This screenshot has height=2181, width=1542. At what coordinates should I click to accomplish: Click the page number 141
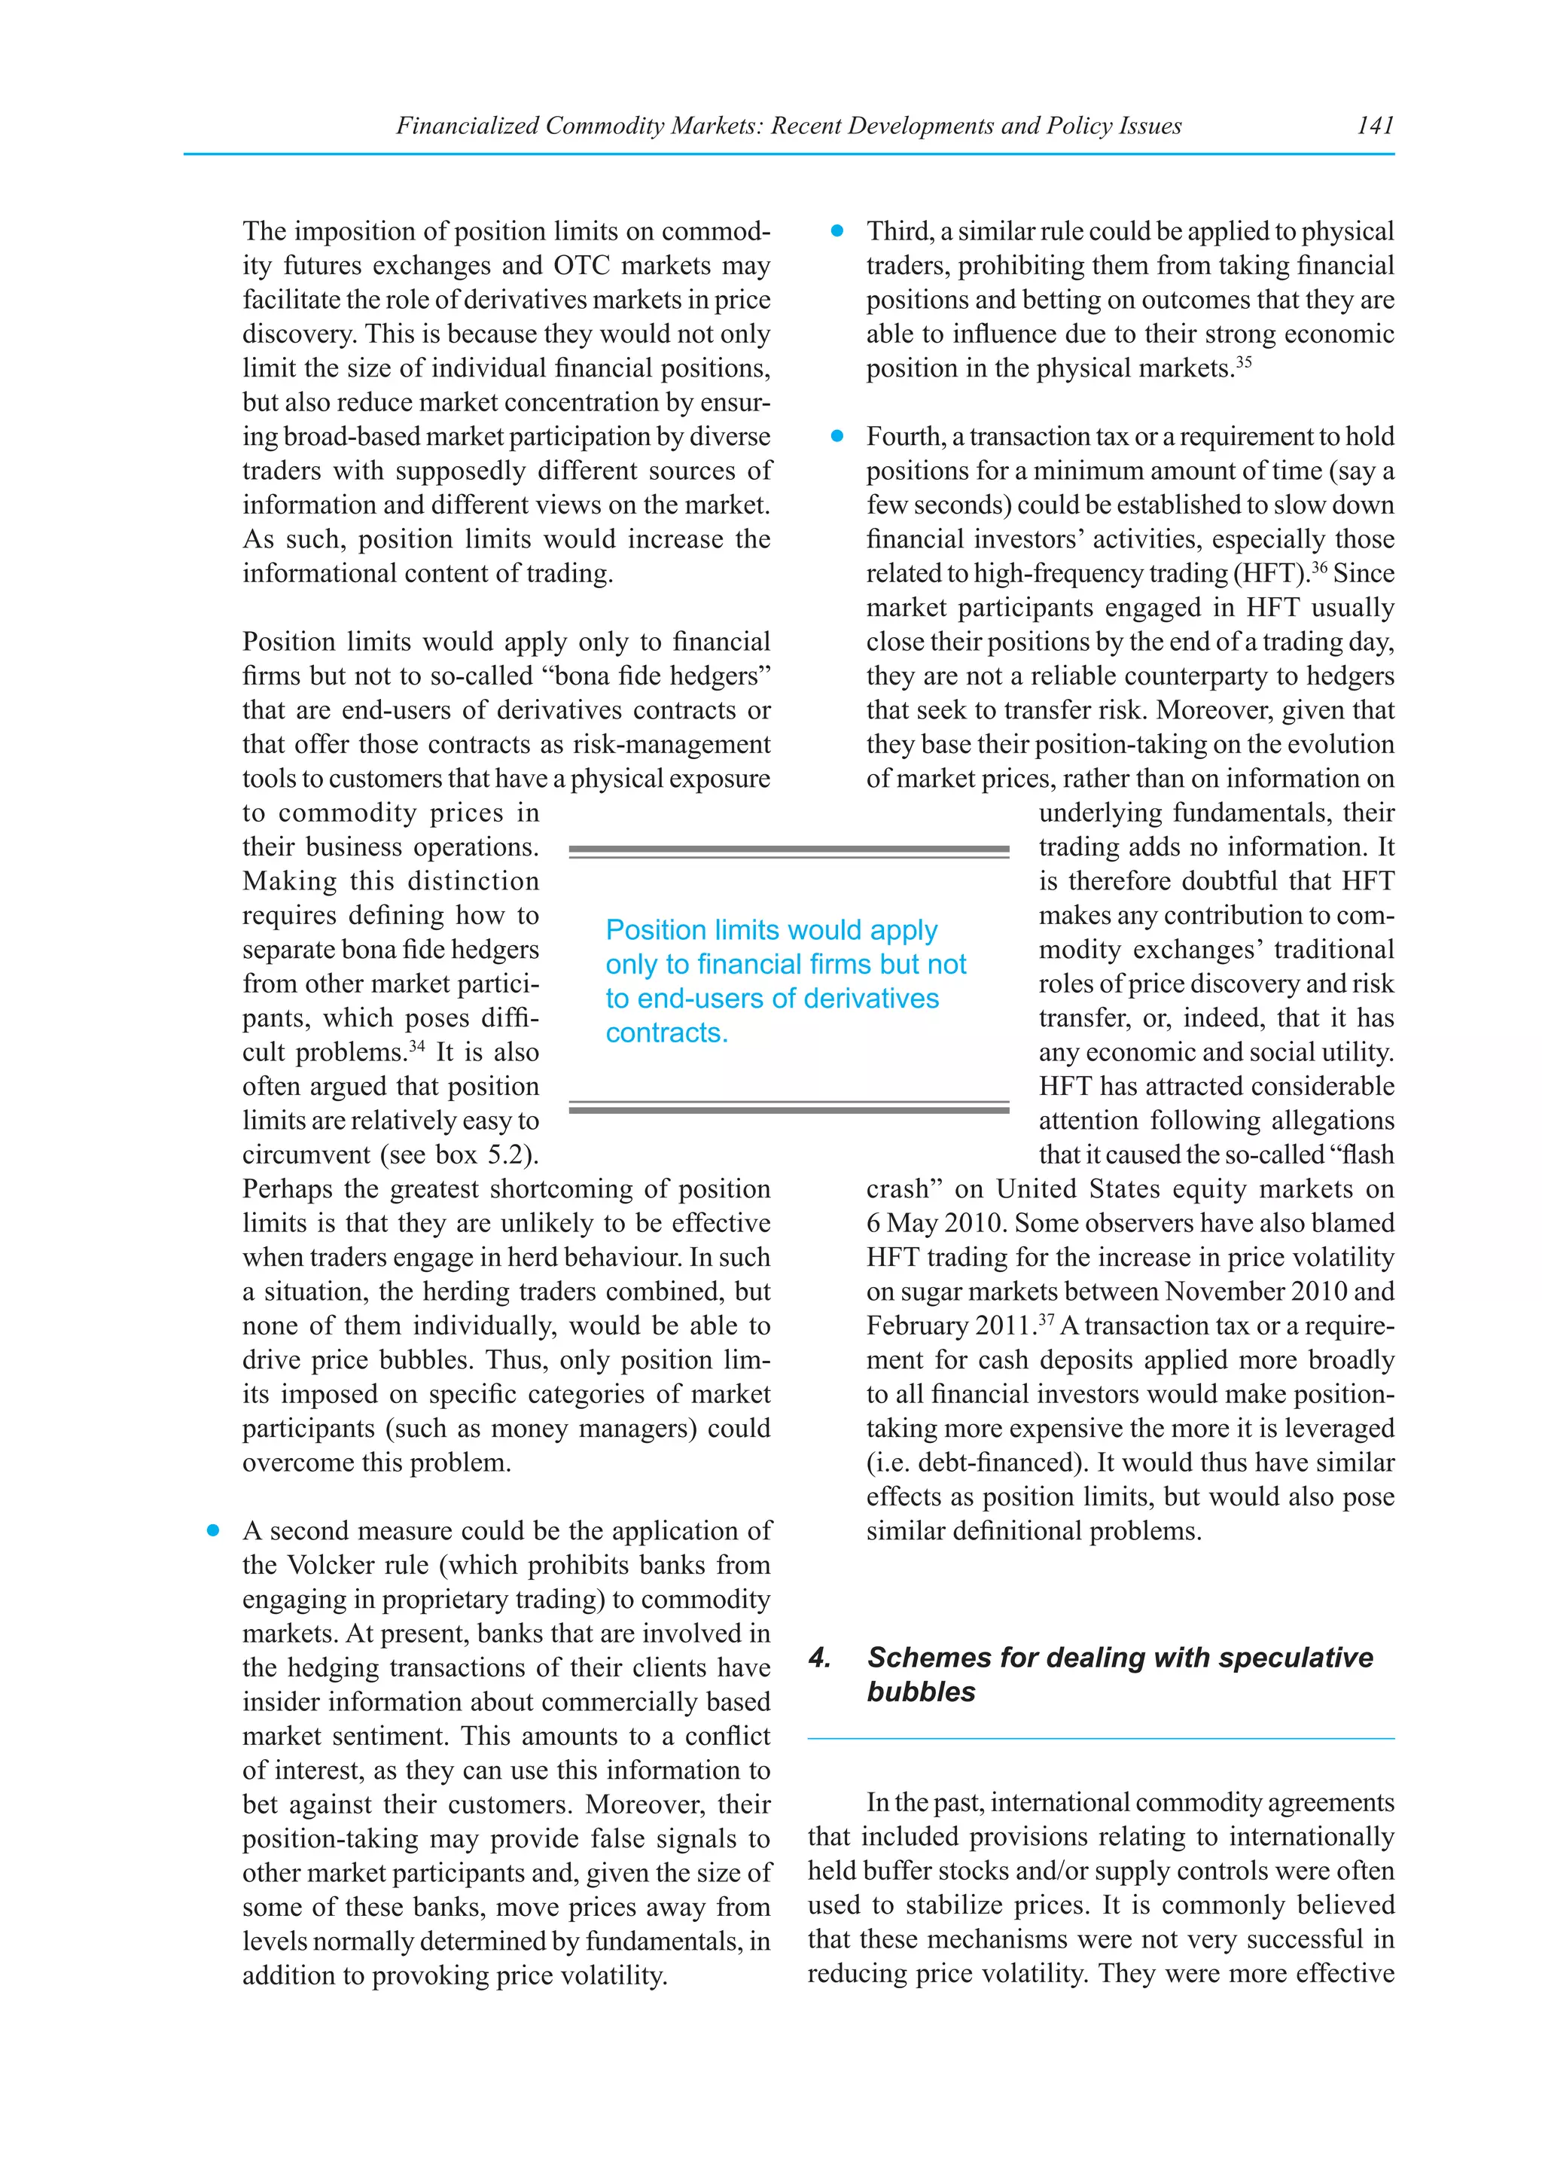[1374, 125]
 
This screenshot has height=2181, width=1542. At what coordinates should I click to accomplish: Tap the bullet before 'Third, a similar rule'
[837, 231]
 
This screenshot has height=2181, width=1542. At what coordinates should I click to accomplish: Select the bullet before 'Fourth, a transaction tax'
[837, 436]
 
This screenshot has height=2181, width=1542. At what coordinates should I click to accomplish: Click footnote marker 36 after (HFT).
[1319, 567]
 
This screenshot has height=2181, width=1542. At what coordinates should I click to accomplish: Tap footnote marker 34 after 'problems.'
[417, 1046]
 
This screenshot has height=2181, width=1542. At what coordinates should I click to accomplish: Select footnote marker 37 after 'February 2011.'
[1047, 1319]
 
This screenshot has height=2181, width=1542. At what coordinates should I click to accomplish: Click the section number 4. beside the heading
[821, 1658]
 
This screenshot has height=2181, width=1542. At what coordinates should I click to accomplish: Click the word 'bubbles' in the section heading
[920, 1691]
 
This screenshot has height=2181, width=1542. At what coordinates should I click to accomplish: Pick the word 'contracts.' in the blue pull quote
[666, 1033]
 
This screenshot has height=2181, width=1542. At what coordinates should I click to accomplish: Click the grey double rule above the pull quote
[788, 851]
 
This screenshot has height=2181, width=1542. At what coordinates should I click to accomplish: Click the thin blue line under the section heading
[1101, 1738]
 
